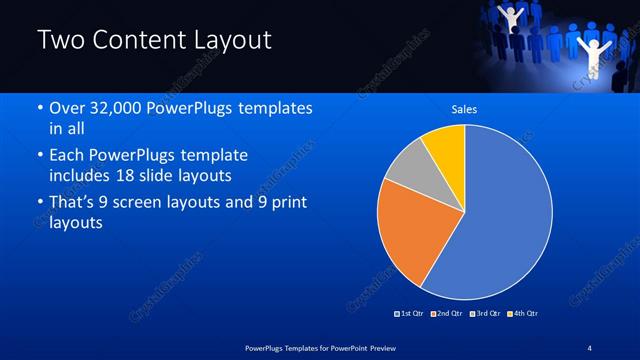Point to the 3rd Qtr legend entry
[485, 314]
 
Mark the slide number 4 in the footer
[591, 346]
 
